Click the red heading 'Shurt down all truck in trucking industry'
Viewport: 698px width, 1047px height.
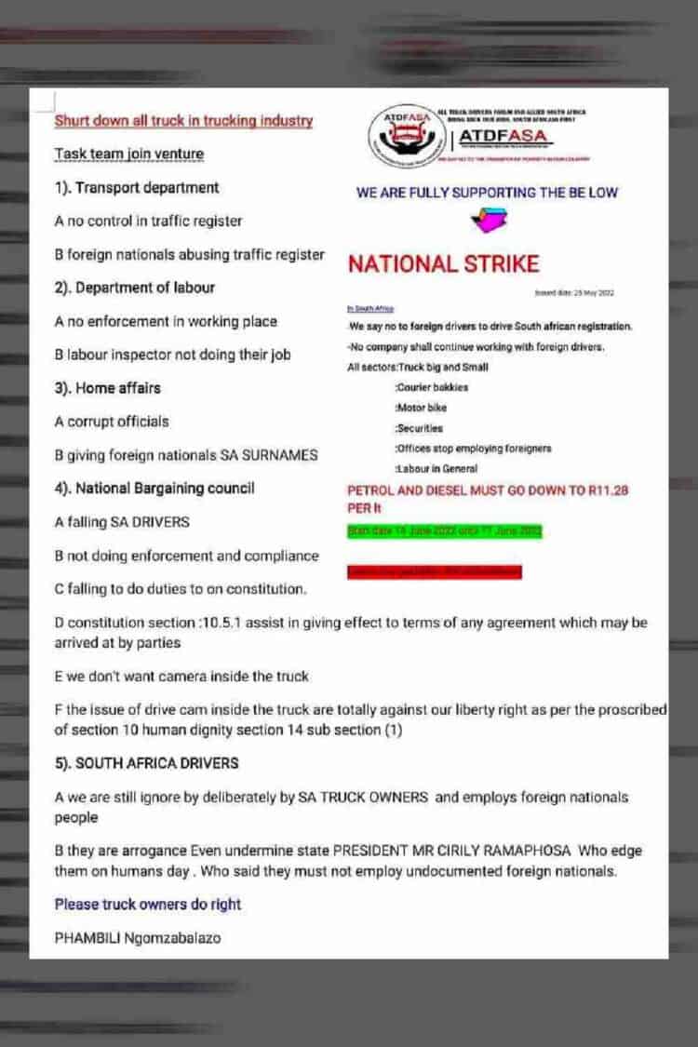(183, 121)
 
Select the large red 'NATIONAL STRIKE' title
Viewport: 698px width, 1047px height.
(443, 264)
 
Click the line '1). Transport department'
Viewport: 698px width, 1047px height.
(137, 188)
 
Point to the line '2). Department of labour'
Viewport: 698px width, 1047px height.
(134, 288)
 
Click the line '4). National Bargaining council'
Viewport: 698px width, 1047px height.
(154, 489)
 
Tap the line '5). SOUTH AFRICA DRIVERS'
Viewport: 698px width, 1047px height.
(146, 763)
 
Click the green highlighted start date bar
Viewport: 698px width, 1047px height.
(443, 531)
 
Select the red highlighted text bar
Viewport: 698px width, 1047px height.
(434, 571)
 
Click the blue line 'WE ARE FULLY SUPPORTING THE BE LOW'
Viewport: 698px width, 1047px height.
(487, 194)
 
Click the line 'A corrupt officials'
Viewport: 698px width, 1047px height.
(112, 422)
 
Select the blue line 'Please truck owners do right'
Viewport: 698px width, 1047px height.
(147, 905)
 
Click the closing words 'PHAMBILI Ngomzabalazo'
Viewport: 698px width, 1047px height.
(138, 938)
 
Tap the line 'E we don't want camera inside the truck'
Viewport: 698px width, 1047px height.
(181, 677)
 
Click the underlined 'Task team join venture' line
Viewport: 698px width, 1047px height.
(128, 154)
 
